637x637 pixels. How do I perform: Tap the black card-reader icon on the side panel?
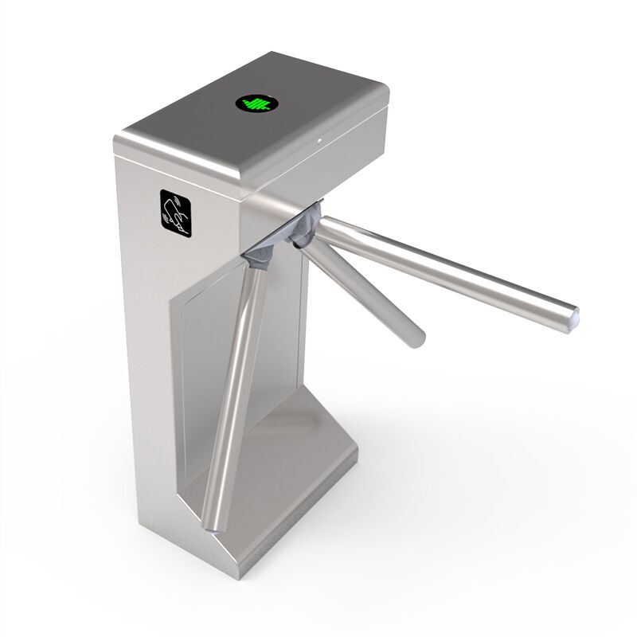click(x=177, y=211)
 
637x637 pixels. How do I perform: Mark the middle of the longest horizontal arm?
click(x=446, y=267)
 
